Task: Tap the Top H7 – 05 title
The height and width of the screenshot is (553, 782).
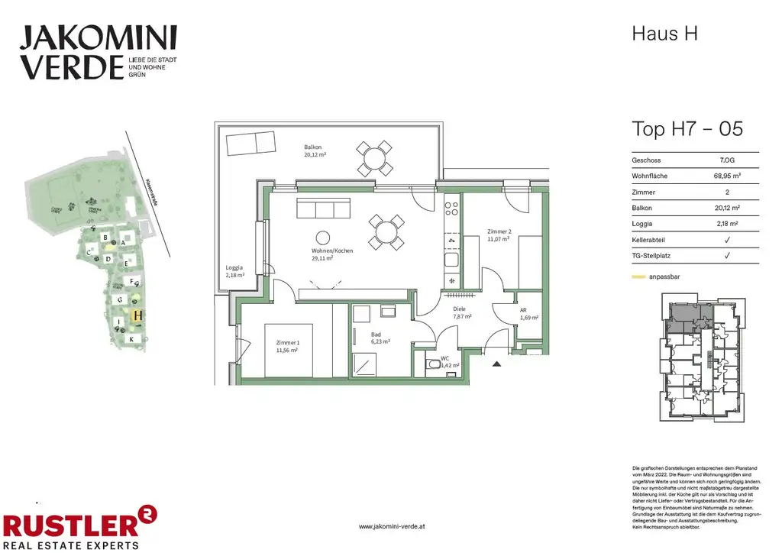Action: pos(687,128)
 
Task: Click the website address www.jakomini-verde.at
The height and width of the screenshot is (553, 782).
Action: pos(391,526)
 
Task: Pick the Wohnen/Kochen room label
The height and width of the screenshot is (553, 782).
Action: pos(332,254)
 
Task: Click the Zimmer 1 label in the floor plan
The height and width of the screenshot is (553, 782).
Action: pos(288,348)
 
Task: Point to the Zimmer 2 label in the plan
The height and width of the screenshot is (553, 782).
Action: pos(499,235)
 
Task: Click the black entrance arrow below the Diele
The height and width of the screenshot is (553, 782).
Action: pos(497,364)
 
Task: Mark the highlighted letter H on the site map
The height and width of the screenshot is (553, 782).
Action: pos(137,314)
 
